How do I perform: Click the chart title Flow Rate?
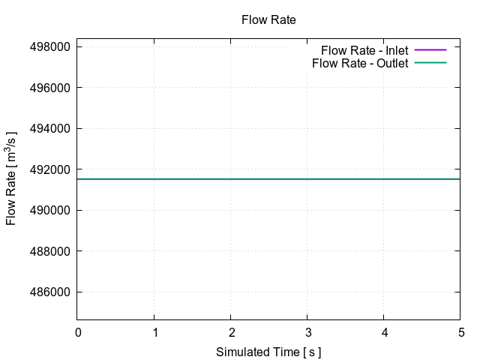[268, 20]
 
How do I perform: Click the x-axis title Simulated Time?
[268, 352]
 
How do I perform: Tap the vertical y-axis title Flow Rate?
[12, 180]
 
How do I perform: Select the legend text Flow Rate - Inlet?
[364, 50]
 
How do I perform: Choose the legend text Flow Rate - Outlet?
[360, 63]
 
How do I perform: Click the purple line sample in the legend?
[430, 50]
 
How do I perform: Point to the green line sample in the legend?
[430, 63]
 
